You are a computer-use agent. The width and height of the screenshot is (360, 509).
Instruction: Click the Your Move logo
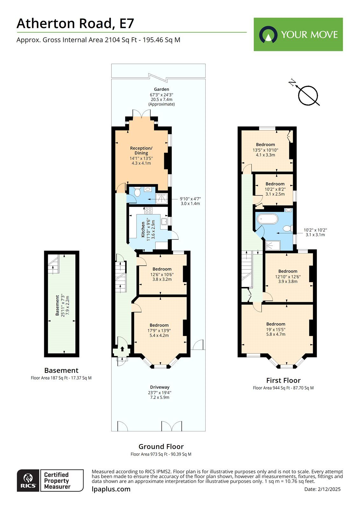tap(298, 34)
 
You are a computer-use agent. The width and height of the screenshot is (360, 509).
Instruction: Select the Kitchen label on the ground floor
tap(143, 230)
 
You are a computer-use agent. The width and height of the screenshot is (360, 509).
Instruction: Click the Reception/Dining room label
tap(141, 150)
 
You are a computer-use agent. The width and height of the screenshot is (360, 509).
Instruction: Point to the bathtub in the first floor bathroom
tap(267, 219)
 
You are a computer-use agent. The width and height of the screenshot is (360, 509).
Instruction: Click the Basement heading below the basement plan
tap(61, 370)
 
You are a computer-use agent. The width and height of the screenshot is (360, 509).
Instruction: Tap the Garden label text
tap(161, 89)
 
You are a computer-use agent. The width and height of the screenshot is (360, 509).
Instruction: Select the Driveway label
tap(159, 387)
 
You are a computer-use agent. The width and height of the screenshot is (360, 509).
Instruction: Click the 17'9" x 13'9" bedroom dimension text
tap(159, 330)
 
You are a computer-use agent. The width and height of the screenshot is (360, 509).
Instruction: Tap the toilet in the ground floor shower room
tap(137, 192)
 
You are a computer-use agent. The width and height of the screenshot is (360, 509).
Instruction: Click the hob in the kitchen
tap(148, 210)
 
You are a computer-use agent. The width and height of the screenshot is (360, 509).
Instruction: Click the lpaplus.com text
tap(111, 489)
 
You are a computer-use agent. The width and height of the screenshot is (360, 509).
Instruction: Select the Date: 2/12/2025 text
tap(322, 489)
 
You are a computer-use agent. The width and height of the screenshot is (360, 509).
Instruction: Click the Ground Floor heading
tap(161, 446)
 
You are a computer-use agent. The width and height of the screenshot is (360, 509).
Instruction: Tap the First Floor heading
tap(283, 380)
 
